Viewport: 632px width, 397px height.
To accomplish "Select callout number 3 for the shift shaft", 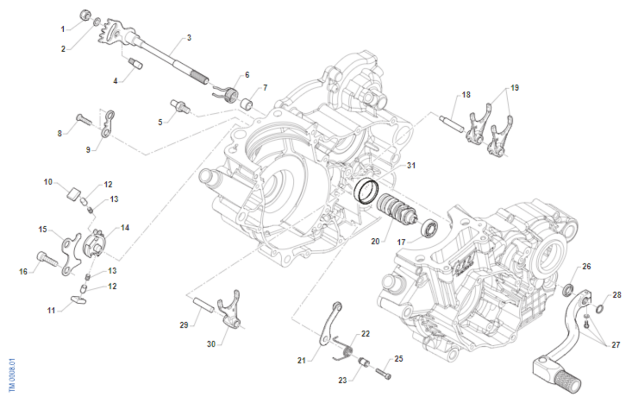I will click(x=189, y=38).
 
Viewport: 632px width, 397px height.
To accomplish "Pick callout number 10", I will click(x=48, y=182).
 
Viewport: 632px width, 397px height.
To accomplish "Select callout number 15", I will click(x=43, y=229).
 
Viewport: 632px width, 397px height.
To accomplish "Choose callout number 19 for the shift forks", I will click(x=515, y=88).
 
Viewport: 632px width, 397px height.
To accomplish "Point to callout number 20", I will click(x=376, y=241).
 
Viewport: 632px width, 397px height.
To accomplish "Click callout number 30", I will click(x=211, y=344).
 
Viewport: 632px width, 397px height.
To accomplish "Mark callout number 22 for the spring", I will click(x=366, y=334).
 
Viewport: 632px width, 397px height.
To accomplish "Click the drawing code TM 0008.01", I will click(x=12, y=375).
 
